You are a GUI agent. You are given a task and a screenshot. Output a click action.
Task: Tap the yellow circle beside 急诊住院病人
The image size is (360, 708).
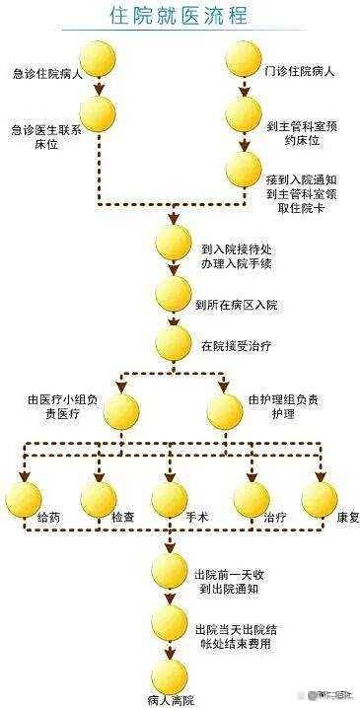pos(98,61)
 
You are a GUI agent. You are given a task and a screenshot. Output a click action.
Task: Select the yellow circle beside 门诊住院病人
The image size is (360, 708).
pos(244,61)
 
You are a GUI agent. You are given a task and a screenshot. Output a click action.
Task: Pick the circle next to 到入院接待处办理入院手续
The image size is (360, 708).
pos(174,243)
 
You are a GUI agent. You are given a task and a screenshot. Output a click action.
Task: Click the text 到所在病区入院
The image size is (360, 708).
pos(236,306)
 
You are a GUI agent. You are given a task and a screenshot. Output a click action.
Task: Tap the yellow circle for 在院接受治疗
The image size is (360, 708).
pos(174,344)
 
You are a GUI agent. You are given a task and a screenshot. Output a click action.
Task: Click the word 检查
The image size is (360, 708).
pos(122,516)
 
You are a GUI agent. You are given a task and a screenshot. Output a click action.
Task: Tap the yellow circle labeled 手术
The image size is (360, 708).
pos(170,499)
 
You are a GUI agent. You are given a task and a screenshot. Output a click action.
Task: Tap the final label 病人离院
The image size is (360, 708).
pos(169,701)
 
